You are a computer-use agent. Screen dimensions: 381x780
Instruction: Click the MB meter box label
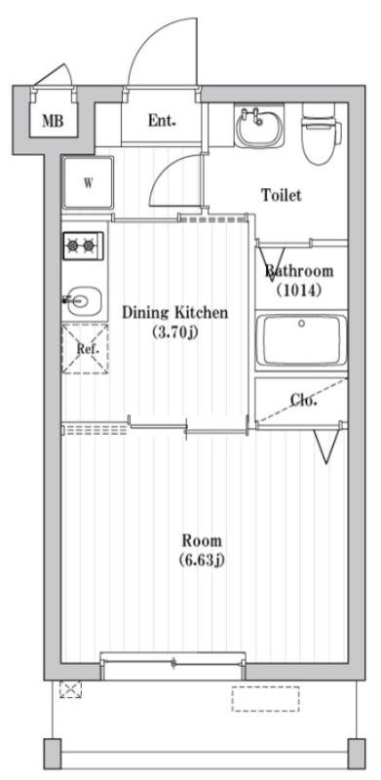coord(53,121)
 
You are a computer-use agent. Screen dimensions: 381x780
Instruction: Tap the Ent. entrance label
coord(162,120)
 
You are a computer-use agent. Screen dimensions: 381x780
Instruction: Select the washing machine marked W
coord(88,182)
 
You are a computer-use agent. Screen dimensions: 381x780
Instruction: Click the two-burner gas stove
coord(83,246)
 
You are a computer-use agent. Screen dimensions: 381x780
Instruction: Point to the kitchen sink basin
coord(85,301)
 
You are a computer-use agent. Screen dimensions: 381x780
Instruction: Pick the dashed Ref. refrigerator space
coord(85,349)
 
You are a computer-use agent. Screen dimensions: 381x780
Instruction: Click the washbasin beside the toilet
coord(258,127)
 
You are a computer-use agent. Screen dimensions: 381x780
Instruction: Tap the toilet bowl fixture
coord(322,134)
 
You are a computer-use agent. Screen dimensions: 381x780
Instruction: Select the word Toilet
coord(282,195)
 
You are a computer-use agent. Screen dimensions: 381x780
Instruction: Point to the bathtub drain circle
coord(301,324)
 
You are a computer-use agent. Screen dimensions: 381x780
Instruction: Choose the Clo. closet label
coord(303,401)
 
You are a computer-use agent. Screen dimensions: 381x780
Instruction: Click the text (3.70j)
coord(175,332)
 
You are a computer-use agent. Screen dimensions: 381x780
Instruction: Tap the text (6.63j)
coord(202,560)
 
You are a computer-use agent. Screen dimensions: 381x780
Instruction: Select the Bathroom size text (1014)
coord(298,290)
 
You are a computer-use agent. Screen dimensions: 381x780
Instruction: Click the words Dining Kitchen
coord(175,313)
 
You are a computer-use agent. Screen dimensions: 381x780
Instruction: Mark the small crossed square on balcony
coord(70,689)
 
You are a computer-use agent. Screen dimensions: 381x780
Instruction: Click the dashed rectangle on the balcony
coord(266,699)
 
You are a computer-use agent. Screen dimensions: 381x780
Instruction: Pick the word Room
coord(202,540)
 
